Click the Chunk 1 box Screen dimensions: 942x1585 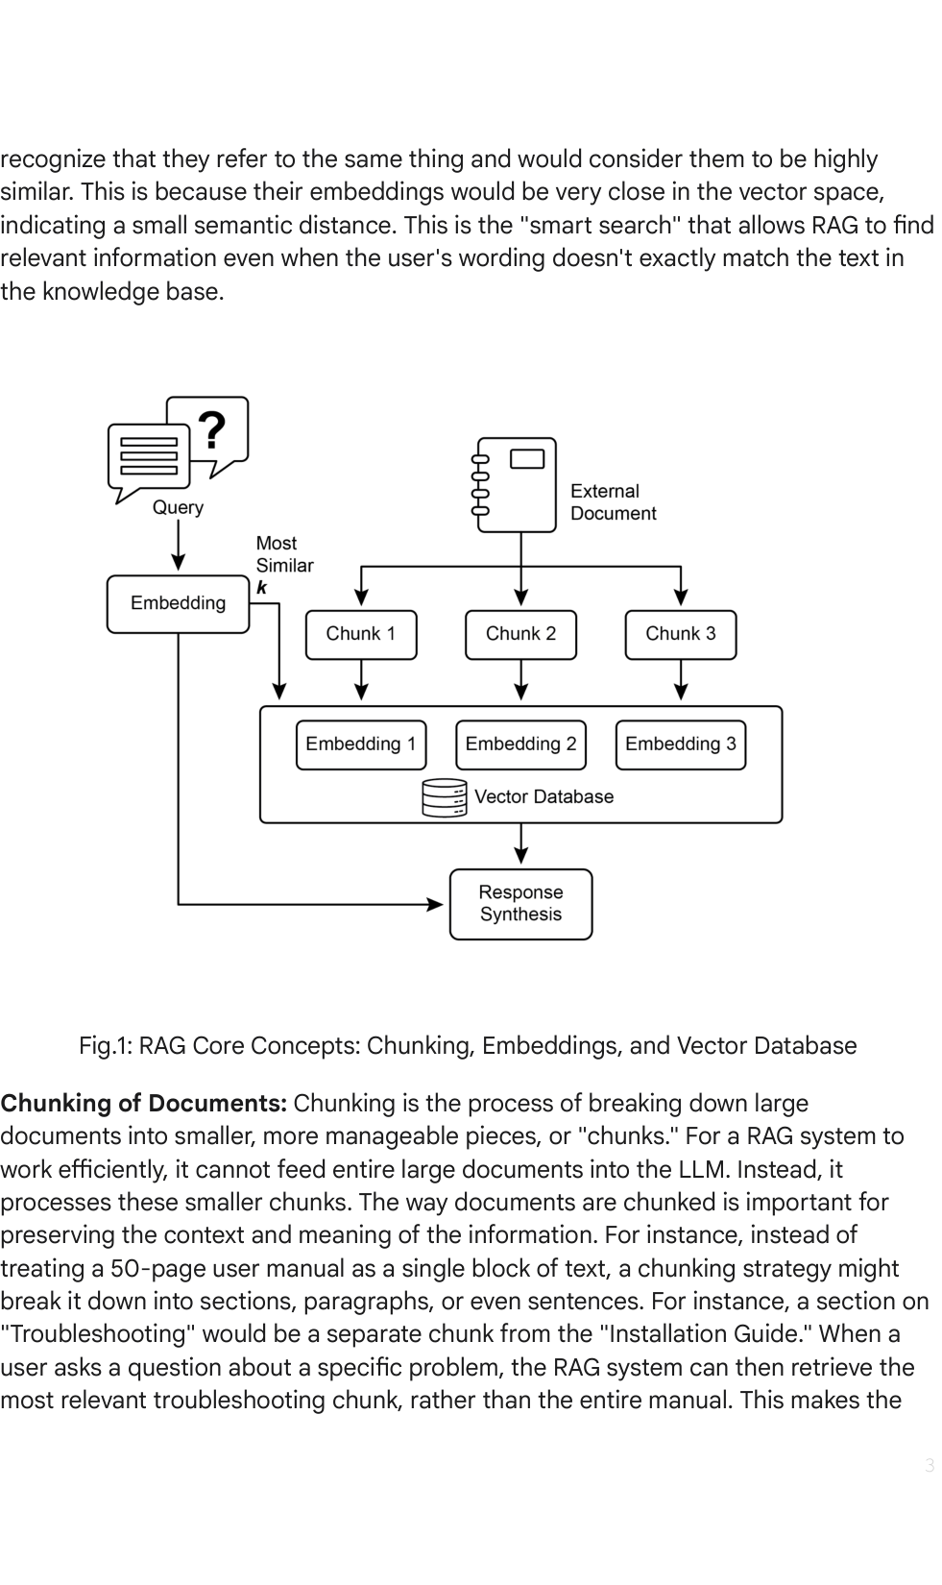point(361,635)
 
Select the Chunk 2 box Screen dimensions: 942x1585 point(520,635)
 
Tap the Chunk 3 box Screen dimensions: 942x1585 point(680,635)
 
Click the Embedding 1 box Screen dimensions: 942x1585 point(361,744)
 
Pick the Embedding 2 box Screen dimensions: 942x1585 point(520,744)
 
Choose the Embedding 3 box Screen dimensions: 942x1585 point(680,744)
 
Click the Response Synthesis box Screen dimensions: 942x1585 point(520,904)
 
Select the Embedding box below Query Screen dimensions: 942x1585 point(179,603)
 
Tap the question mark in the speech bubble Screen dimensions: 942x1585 point(211,430)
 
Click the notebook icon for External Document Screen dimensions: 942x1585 point(516,485)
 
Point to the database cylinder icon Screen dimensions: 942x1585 point(445,798)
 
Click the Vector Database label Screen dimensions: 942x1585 point(543,796)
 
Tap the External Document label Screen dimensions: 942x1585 point(614,502)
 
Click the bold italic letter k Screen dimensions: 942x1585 point(261,587)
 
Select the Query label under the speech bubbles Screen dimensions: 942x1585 point(179,508)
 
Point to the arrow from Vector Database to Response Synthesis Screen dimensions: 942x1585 point(521,843)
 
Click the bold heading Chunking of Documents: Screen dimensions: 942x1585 point(144,1103)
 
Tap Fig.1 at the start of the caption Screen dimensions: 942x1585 point(106,1046)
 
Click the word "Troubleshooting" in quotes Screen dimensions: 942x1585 point(98,1334)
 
